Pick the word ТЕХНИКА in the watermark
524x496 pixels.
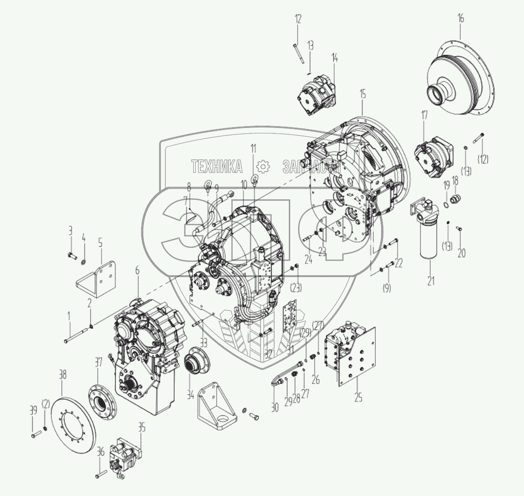217,167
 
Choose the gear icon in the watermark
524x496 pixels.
263,167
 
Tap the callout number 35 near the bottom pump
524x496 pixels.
141,429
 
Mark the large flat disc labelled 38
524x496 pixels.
76,420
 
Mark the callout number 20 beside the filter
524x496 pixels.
462,253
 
